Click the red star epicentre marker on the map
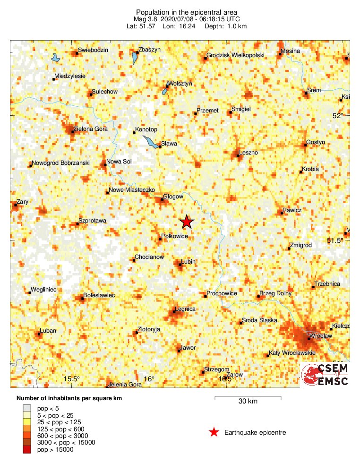(x=187, y=222)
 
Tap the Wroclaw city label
(x=320, y=335)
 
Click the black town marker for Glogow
(x=163, y=199)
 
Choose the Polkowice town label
(x=175, y=235)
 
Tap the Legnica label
(x=185, y=309)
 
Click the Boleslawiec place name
(x=99, y=295)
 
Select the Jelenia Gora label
(x=125, y=385)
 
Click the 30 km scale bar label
(x=248, y=402)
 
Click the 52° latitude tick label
(x=337, y=116)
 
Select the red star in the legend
(x=214, y=432)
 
